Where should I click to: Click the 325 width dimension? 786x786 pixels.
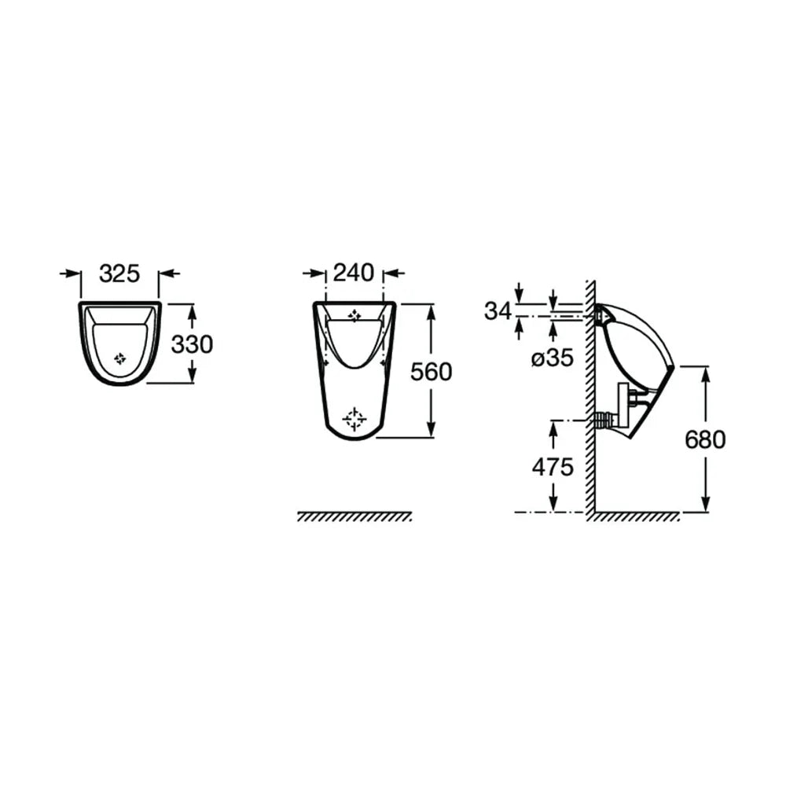tap(119, 274)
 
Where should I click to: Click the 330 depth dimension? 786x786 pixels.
tap(192, 344)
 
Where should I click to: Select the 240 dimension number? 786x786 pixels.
tap(354, 273)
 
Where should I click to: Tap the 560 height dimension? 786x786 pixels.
tap(431, 372)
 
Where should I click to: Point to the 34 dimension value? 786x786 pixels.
tap(498, 311)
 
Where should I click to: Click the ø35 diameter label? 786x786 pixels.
tap(553, 358)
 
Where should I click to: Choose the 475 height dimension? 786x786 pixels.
tap(553, 467)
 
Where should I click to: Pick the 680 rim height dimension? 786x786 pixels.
tap(705, 439)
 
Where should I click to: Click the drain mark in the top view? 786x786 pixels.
tap(119, 358)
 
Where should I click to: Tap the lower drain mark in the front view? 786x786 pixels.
tap(354, 419)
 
